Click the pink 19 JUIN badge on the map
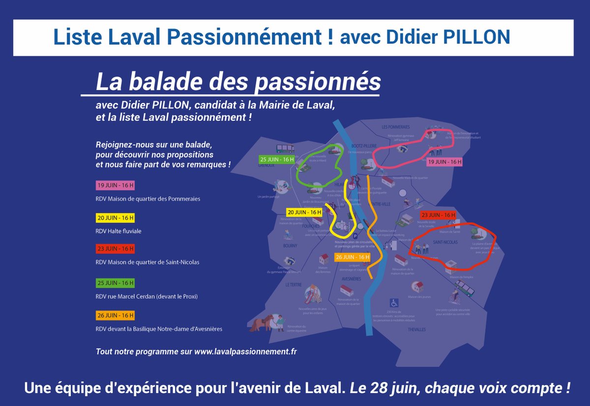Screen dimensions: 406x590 tap(444, 162)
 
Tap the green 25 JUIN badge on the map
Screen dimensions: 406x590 tap(277, 159)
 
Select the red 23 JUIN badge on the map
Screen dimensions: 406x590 tap(438, 215)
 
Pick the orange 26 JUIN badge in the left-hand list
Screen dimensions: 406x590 tap(115, 315)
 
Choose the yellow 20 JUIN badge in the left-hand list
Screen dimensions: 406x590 tap(115, 218)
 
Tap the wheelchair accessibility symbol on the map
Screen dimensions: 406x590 tap(394, 302)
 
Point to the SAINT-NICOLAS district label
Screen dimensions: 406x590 tap(445, 243)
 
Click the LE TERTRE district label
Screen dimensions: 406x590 tap(294, 284)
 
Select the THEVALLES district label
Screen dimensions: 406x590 tap(416, 329)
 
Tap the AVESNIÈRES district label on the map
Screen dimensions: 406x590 tap(352, 279)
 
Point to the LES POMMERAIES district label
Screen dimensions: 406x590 tap(396, 127)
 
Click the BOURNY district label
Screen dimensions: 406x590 tap(290, 246)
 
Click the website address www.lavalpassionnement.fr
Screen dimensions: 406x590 tap(245, 352)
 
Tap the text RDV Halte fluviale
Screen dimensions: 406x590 tap(118, 231)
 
